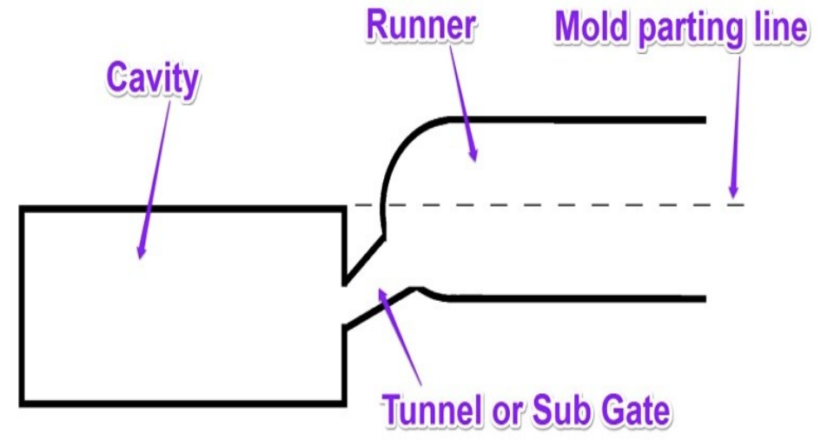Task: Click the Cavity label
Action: (153, 80)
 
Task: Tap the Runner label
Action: (421, 25)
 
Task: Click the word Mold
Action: (592, 29)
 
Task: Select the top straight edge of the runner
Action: (591, 120)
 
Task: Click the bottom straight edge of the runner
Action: (591, 299)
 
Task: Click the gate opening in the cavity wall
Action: (345, 304)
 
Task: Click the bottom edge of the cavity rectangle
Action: (182, 404)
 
